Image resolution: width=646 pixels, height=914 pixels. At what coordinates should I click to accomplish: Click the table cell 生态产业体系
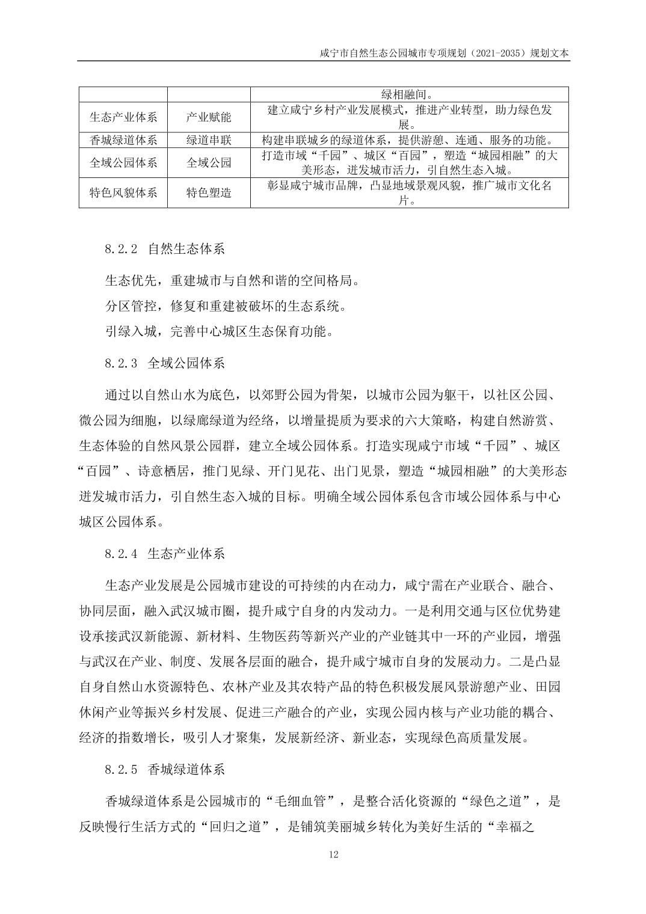[x=123, y=117]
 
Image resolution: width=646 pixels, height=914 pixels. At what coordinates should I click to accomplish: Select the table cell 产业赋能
[x=209, y=117]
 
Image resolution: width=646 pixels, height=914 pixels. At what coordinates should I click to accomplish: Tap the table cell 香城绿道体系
[x=123, y=140]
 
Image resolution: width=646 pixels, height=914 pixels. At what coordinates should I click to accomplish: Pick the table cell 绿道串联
[x=209, y=140]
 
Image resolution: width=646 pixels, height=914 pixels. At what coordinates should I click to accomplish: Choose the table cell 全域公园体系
[x=123, y=163]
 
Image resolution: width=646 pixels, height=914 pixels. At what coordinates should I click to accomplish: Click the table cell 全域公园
[x=209, y=163]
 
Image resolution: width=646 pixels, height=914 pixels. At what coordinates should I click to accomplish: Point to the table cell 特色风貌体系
[x=123, y=193]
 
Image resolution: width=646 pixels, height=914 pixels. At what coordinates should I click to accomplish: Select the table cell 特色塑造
[x=209, y=193]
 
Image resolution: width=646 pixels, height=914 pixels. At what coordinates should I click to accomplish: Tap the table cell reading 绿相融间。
[x=409, y=94]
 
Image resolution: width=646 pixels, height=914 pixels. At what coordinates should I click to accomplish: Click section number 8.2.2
[x=122, y=248]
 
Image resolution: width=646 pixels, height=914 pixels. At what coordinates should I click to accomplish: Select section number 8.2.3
[x=122, y=363]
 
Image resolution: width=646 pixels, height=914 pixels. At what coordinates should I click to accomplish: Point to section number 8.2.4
[x=122, y=553]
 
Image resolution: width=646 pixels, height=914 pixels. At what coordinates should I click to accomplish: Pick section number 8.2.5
[x=122, y=769]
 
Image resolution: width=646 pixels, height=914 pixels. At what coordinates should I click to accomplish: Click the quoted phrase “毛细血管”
[x=301, y=801]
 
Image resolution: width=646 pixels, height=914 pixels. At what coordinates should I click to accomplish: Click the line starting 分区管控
[x=226, y=306]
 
